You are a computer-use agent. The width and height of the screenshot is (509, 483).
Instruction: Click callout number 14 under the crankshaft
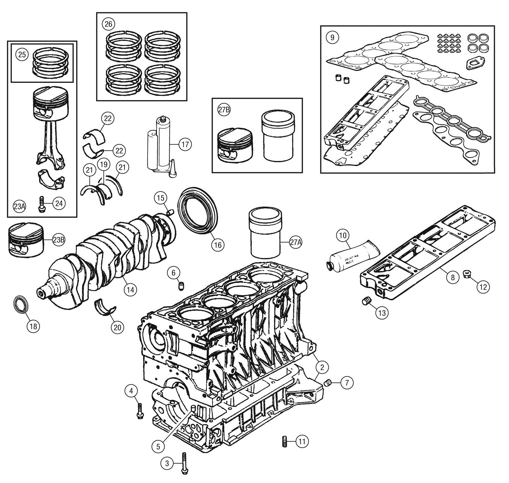click(130, 290)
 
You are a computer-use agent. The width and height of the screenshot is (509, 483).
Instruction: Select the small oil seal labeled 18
click(20, 305)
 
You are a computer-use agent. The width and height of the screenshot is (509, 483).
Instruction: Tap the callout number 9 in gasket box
click(332, 37)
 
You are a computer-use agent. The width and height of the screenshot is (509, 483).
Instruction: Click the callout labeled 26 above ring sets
click(108, 24)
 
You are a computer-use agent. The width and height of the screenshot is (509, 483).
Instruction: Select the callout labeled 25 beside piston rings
click(22, 55)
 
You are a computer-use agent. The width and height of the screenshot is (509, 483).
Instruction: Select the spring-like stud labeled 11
click(284, 441)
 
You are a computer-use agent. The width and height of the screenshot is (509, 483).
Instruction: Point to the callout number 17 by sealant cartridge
click(185, 145)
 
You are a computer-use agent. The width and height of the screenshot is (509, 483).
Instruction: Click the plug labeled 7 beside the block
click(328, 383)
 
